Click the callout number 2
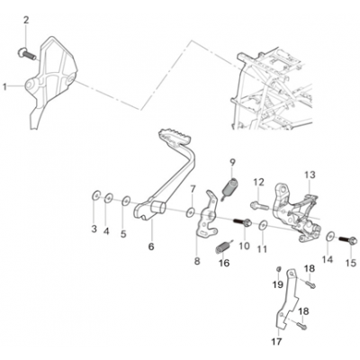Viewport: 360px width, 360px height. (x=27, y=20)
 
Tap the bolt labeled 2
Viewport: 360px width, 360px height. (x=27, y=54)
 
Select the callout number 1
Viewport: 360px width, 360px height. (x=4, y=87)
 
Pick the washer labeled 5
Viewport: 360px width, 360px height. (x=126, y=201)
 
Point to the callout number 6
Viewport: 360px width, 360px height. (x=151, y=247)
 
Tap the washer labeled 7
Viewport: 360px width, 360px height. (x=190, y=212)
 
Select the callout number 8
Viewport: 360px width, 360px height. (x=197, y=261)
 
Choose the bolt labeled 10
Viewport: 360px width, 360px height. (x=242, y=222)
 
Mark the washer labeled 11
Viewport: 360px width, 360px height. (x=264, y=225)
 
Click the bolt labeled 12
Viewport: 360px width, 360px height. (x=259, y=205)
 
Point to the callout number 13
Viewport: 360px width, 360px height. (x=310, y=175)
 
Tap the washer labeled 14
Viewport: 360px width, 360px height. (x=330, y=237)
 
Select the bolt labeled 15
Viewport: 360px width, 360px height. (x=348, y=240)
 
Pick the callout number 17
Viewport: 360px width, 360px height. (x=277, y=341)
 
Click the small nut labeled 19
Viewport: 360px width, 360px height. (x=278, y=268)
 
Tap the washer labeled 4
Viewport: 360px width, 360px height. (x=109, y=198)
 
